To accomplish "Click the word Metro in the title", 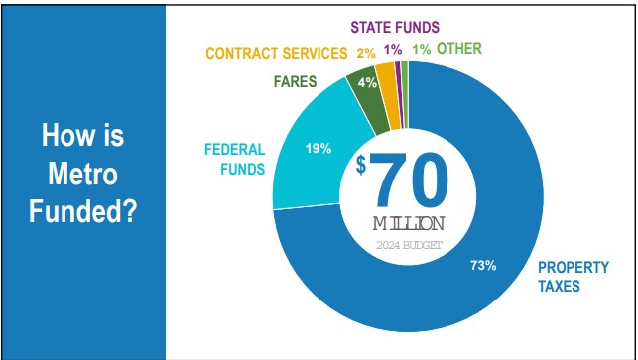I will (83, 175).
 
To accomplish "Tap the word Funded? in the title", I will (83, 210).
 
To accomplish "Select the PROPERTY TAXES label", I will (573, 276).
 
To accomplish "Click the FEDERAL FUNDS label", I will (234, 159).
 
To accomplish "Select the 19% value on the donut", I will (318, 149).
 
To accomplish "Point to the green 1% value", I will (421, 48).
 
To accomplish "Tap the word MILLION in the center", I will (409, 223).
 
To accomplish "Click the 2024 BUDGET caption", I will (409, 245).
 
